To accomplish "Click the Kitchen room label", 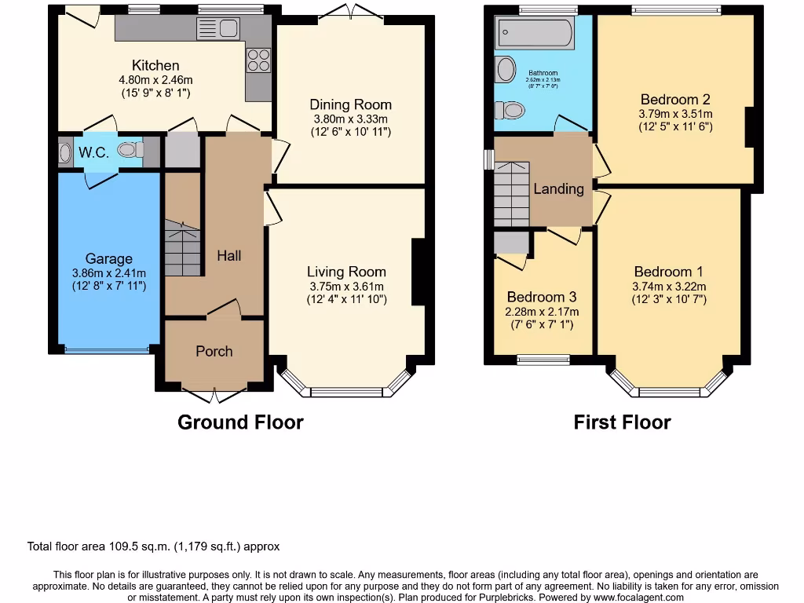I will point(155,65).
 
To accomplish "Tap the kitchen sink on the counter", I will point(218,29).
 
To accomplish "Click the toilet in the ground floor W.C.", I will point(131,150).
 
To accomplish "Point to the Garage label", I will point(108,258).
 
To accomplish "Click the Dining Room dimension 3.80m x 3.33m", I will point(350,119).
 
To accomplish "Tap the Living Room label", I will point(346,272).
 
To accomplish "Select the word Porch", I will point(214,351).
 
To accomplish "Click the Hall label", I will point(228,255).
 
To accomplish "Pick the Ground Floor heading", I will point(240,422).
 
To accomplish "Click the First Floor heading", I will point(622,422).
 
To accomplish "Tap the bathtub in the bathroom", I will point(534,33).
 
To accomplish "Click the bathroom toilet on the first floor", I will point(510,111).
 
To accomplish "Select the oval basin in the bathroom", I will point(506,69).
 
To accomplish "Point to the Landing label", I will point(558,188).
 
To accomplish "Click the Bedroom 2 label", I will point(675,99).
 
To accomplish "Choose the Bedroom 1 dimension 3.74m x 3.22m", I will point(669,286).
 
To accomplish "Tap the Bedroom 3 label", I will point(542,297).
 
